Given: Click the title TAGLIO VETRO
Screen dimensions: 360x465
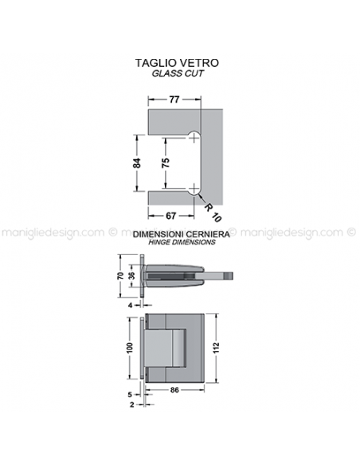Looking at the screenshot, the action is coord(177,63).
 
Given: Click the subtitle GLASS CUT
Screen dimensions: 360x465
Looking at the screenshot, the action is coord(178,73).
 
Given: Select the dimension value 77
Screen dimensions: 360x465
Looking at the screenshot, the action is coord(174,100).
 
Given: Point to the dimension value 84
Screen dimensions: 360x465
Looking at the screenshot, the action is coord(137,163).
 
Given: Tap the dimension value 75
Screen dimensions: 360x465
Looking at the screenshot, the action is coord(166,162).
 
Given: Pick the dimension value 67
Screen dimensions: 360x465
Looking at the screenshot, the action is coord(170,216).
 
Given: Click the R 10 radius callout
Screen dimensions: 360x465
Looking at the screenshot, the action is coord(213,213).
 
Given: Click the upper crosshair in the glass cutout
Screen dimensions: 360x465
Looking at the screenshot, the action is coord(194,138).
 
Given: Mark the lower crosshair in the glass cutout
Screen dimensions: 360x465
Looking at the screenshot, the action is coord(194,189).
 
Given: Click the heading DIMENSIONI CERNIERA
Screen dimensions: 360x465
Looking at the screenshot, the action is coord(181,234).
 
